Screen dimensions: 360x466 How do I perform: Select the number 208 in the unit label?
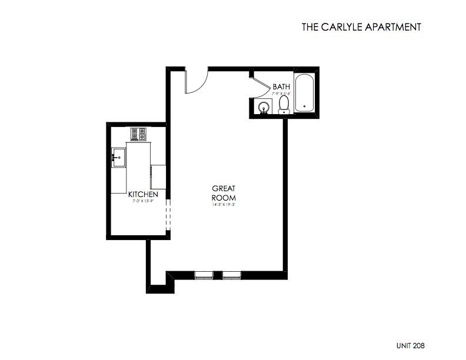pyautogui.click(x=418, y=346)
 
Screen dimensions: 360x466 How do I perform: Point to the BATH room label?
pyautogui.click(x=281, y=87)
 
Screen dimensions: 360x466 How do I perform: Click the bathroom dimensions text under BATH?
pyautogui.click(x=281, y=93)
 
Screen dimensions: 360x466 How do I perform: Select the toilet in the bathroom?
pyautogui.click(x=284, y=105)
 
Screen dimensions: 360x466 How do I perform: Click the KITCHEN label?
pyautogui.click(x=143, y=194)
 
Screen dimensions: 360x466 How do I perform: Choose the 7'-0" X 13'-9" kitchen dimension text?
pyautogui.click(x=143, y=201)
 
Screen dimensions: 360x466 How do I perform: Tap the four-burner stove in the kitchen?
pyautogui.click(x=139, y=135)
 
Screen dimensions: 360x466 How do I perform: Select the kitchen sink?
pyautogui.click(x=118, y=158)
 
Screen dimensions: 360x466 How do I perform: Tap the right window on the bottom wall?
pyautogui.click(x=231, y=275)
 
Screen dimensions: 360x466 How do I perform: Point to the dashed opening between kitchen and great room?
pyautogui.click(x=168, y=216)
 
